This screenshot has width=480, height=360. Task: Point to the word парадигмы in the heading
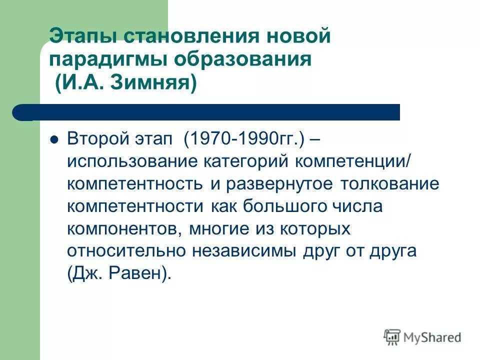pyautogui.click(x=107, y=60)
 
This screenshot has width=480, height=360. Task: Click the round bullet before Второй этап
pyautogui.click(x=55, y=139)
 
